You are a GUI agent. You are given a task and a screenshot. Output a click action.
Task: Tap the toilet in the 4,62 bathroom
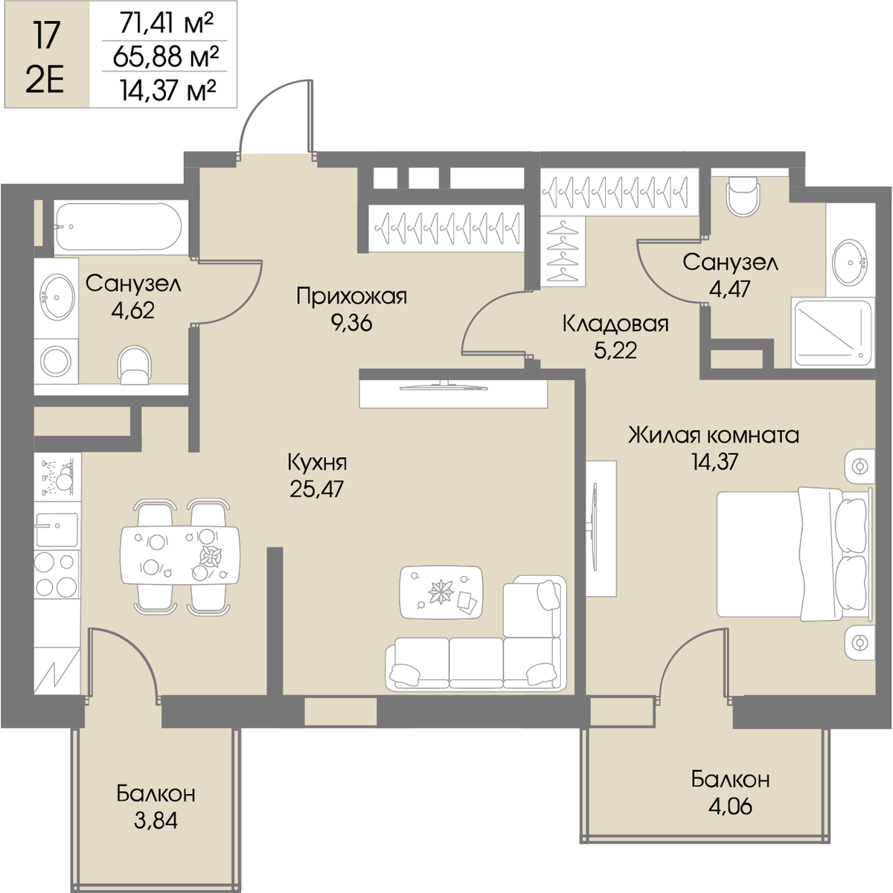(135, 365)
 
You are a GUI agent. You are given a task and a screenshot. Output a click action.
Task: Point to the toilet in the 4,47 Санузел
(743, 197)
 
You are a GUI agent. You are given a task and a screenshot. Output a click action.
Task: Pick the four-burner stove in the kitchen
(57, 575)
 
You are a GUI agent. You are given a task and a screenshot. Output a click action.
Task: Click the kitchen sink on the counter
(57, 529)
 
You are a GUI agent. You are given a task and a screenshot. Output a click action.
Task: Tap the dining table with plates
(180, 555)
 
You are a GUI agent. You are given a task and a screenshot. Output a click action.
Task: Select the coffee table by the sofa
(441, 592)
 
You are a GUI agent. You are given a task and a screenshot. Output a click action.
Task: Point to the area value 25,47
(318, 488)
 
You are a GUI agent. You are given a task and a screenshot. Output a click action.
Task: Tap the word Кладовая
(615, 324)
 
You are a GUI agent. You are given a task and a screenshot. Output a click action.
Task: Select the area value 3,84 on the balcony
(156, 821)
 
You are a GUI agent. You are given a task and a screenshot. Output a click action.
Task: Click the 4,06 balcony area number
(730, 807)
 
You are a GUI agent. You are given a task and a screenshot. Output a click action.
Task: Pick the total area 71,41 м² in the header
(166, 24)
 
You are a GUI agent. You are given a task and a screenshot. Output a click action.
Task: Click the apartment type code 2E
(44, 83)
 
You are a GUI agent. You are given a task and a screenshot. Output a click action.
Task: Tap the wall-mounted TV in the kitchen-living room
(444, 386)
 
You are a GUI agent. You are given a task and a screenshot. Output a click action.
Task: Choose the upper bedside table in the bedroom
(860, 466)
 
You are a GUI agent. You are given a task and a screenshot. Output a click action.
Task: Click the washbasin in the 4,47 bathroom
(851, 263)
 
